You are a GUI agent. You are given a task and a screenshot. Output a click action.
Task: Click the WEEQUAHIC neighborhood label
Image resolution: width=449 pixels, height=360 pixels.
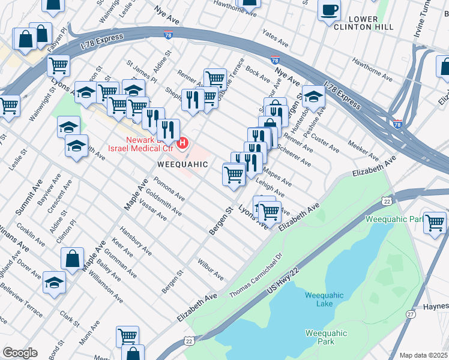click(x=182, y=164)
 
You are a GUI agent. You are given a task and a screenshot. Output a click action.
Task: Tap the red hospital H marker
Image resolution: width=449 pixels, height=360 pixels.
click(x=184, y=143)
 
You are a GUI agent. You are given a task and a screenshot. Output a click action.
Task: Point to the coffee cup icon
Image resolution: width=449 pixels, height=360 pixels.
click(x=329, y=10)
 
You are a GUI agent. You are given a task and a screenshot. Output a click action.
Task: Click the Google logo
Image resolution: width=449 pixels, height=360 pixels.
click(x=20, y=353)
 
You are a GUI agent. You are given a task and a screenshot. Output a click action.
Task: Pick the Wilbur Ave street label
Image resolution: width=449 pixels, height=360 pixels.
click(x=210, y=269)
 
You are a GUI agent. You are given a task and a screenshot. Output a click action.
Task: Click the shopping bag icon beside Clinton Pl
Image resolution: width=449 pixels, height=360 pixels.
click(x=73, y=259)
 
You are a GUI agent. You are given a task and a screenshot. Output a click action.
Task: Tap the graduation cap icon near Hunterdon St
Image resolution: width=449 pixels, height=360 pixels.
click(x=313, y=95)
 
